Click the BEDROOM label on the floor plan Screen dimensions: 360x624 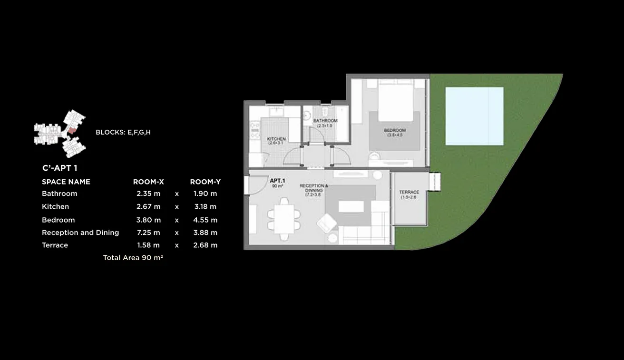point(395,131)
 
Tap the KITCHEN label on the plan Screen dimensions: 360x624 point(276,139)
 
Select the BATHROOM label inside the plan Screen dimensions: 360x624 point(325,121)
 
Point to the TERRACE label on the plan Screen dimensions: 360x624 point(409,193)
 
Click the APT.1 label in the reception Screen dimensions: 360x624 point(277,181)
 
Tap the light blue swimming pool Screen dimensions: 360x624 point(474,116)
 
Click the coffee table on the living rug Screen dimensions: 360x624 point(351,206)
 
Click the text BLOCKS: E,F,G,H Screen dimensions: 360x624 point(123,132)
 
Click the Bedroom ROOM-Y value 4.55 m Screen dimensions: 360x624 point(205,220)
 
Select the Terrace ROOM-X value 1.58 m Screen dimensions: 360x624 point(148,245)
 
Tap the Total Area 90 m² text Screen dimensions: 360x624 point(133,257)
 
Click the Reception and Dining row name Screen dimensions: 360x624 point(80,233)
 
